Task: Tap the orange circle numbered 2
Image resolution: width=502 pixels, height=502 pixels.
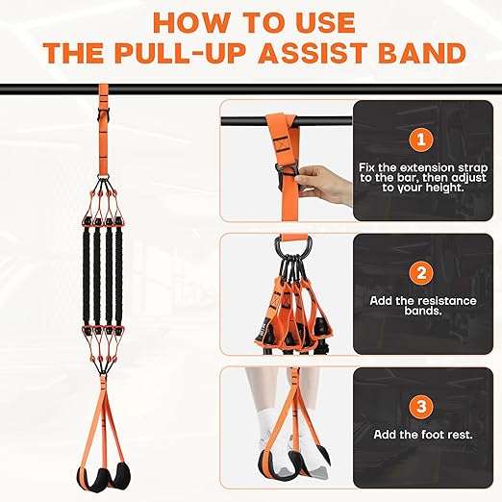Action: (419, 273)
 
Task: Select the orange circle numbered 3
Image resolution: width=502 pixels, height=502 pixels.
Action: (419, 406)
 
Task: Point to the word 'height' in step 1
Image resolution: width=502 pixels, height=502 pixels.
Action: (439, 188)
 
